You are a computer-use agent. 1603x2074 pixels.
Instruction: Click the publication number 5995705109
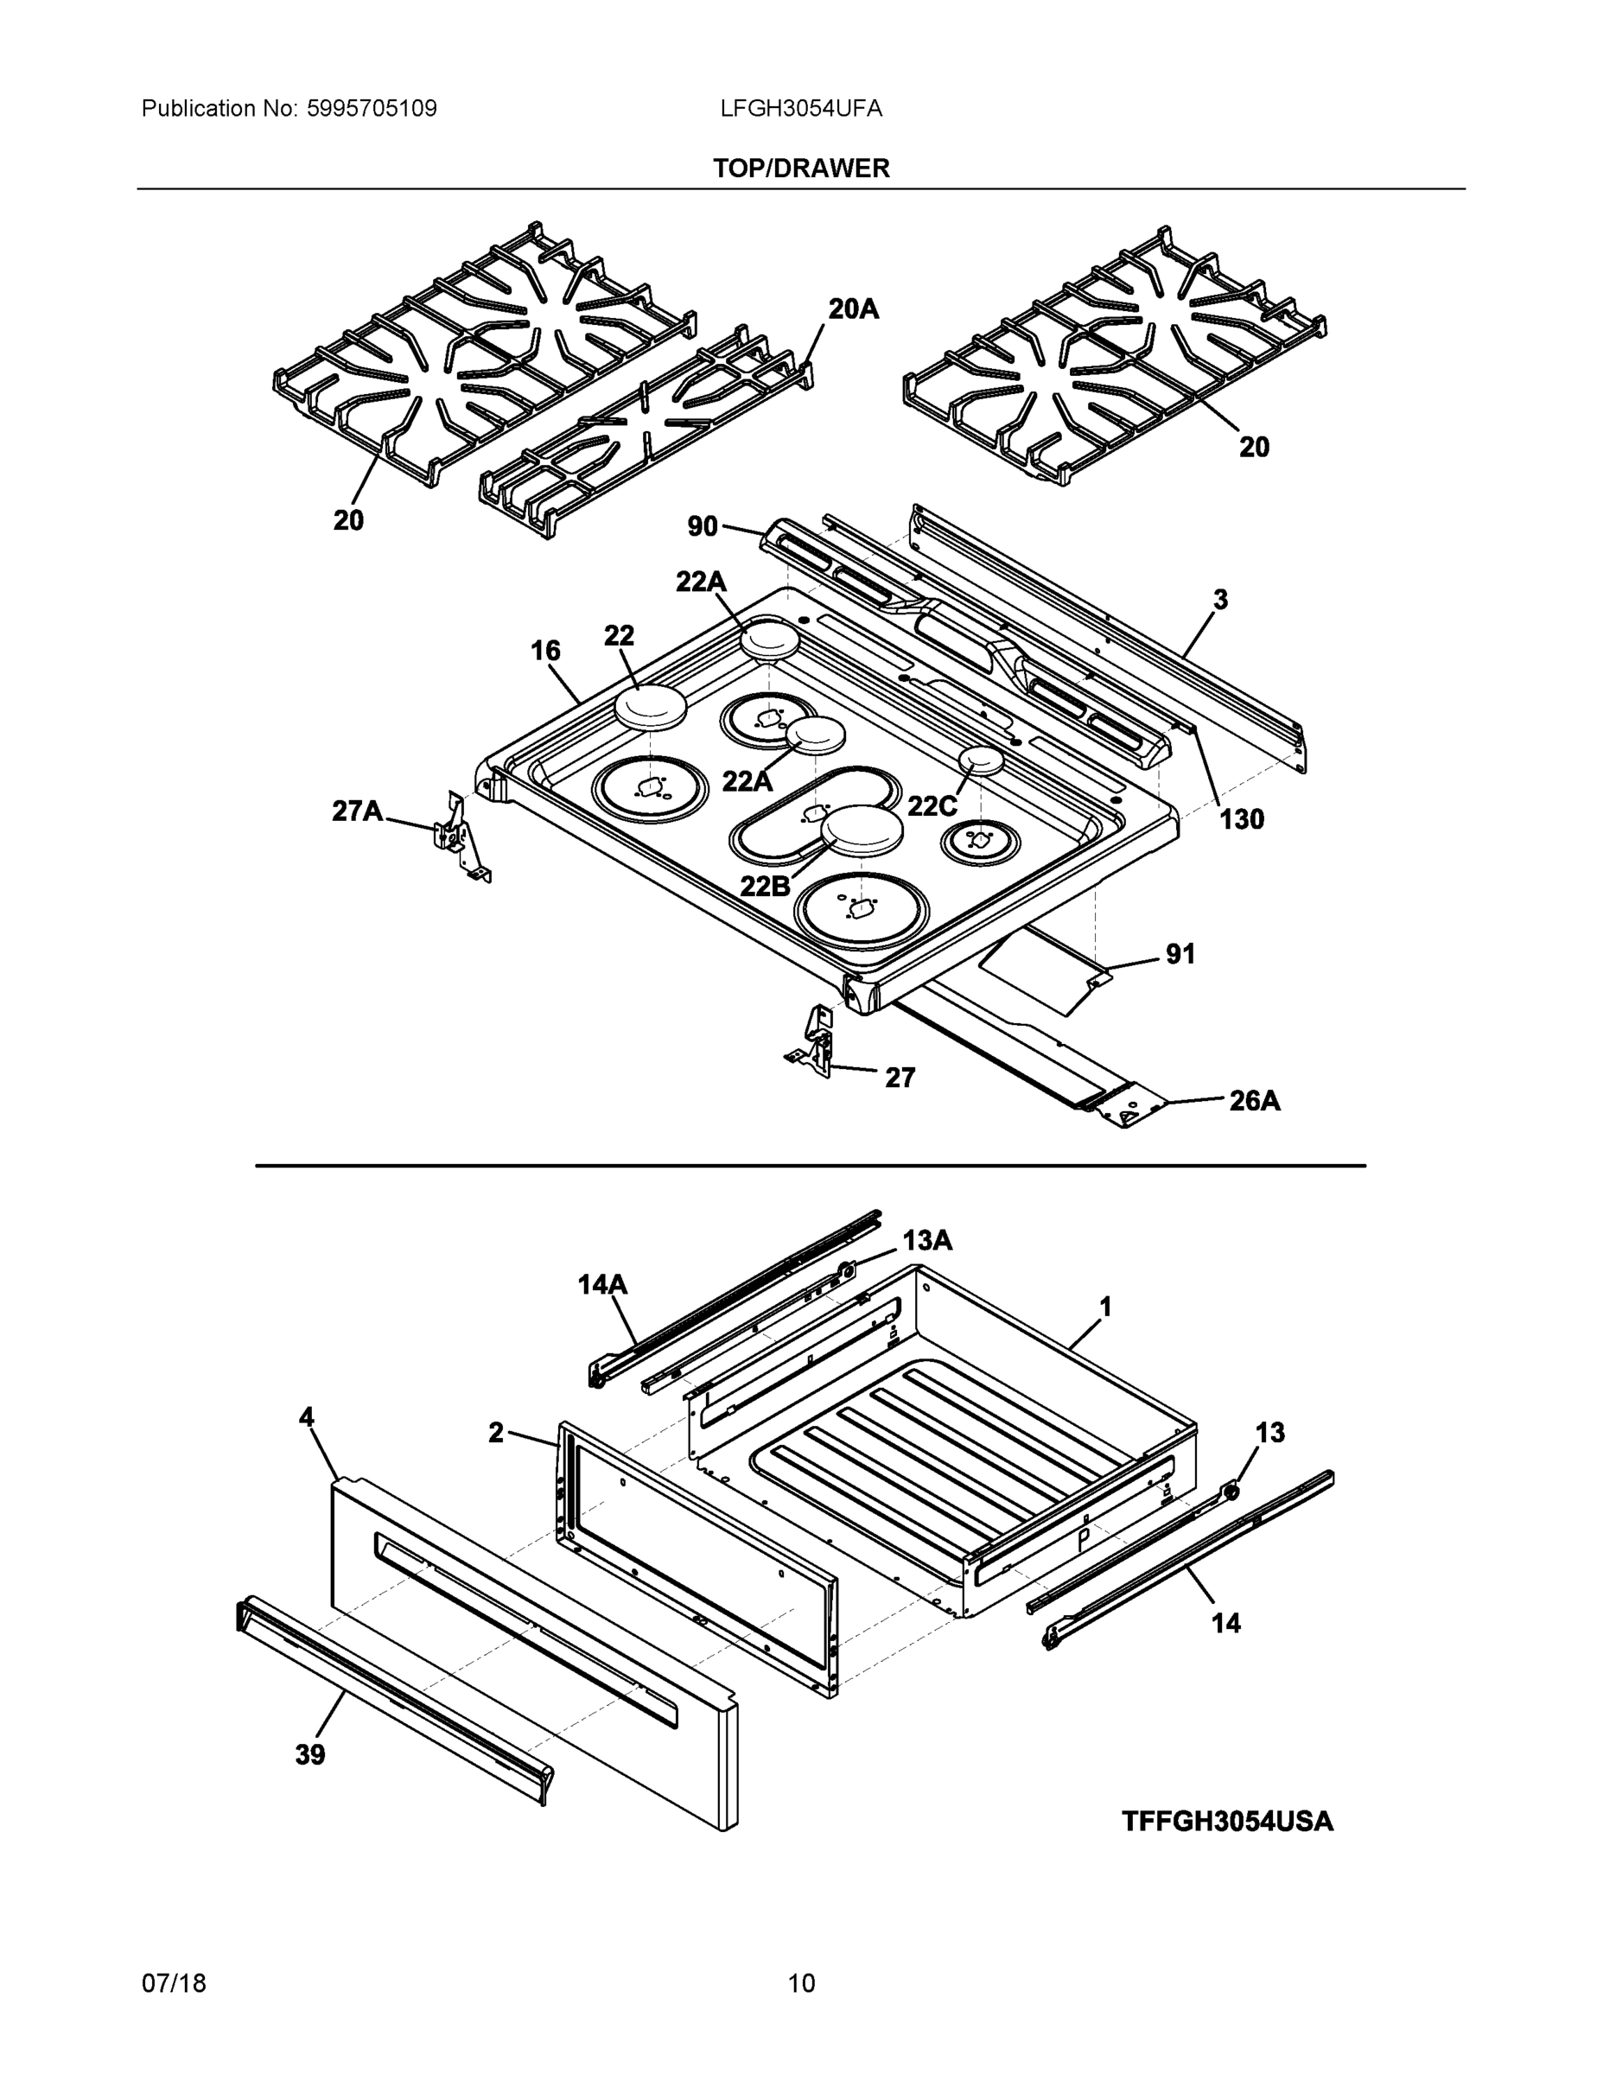(372, 108)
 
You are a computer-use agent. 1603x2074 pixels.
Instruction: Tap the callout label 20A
(853, 309)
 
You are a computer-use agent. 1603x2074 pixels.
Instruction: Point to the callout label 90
(702, 525)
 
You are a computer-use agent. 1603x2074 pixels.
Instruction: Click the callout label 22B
(765, 885)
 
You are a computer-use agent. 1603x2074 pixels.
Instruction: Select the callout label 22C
(932, 805)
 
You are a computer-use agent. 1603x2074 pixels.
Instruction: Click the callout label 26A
(1255, 1101)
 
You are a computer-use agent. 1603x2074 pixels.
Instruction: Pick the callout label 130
(1242, 818)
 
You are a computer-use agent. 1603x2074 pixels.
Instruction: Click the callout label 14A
(602, 1285)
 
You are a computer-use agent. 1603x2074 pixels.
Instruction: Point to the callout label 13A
(927, 1240)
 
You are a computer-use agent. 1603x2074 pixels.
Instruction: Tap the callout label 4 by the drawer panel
(306, 1418)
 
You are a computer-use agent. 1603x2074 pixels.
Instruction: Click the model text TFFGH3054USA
(1227, 1822)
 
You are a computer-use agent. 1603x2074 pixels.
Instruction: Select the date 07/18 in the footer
(174, 1984)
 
